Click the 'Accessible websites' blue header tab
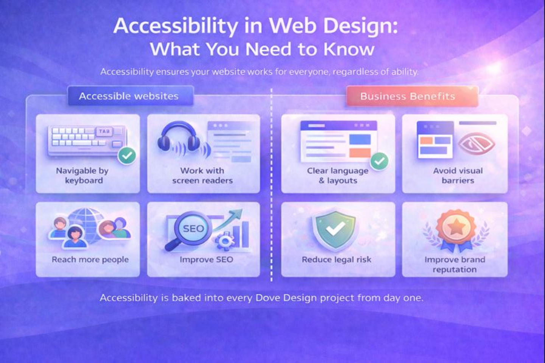pyautogui.click(x=129, y=96)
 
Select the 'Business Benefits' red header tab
pyautogui.click(x=408, y=97)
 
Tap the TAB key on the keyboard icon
pyautogui.click(x=104, y=131)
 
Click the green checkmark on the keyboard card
pyautogui.click(x=127, y=155)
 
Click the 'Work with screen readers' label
pyautogui.click(x=202, y=176)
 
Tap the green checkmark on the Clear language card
pyautogui.click(x=379, y=161)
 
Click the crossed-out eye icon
pyautogui.click(x=476, y=144)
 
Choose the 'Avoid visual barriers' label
pyautogui.click(x=458, y=176)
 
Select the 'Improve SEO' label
pyautogui.click(x=206, y=260)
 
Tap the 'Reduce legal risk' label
pyautogui.click(x=336, y=260)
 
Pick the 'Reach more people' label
pyautogui.click(x=90, y=260)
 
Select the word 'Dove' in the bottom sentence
pyautogui.click(x=268, y=298)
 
